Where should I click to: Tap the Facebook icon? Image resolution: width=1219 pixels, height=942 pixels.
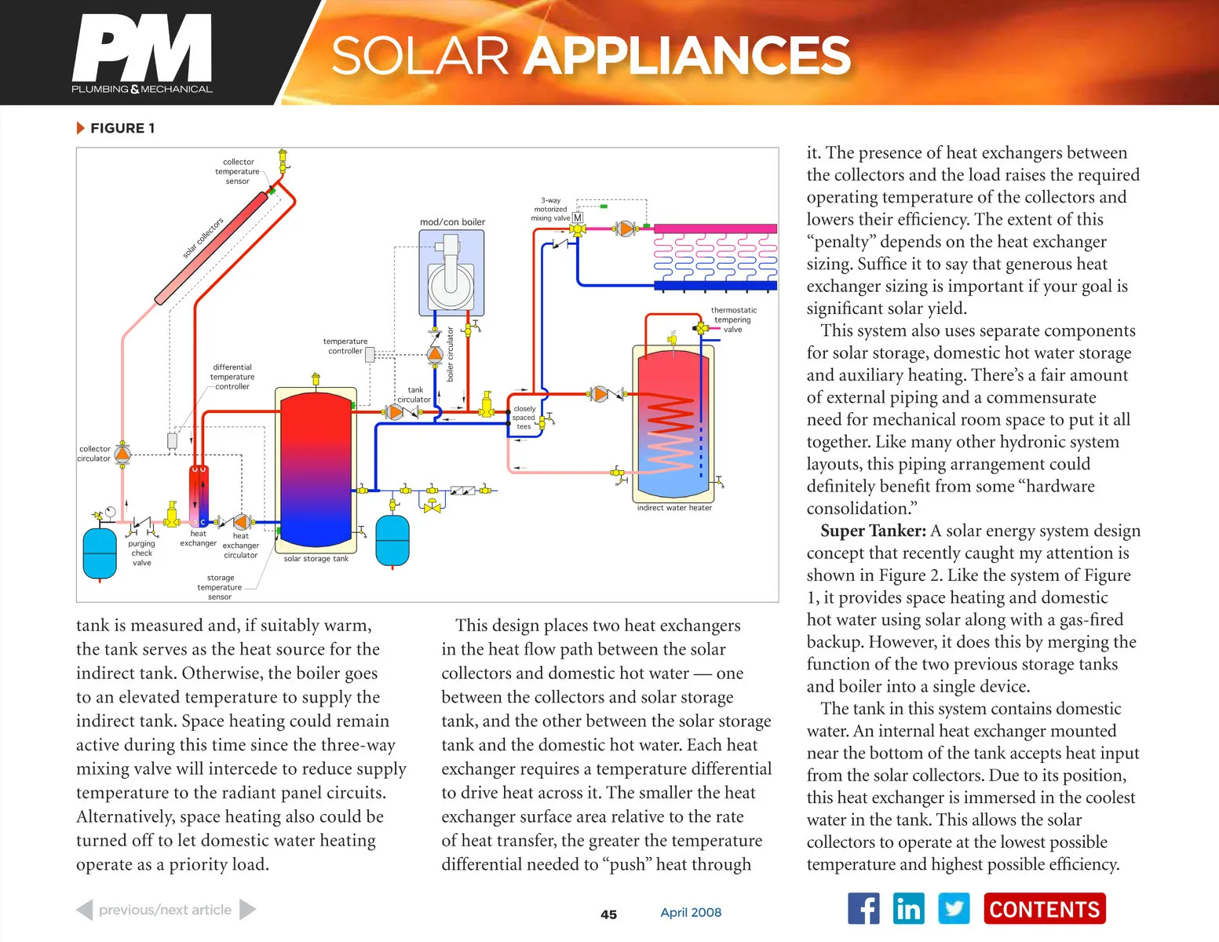tap(863, 909)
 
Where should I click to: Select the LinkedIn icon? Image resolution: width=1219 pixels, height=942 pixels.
tap(908, 909)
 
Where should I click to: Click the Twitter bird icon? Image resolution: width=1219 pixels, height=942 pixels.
tap(954, 909)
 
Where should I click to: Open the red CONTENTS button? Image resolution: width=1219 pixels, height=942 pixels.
tap(1044, 909)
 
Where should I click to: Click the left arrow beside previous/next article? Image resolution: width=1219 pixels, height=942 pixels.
tap(84, 910)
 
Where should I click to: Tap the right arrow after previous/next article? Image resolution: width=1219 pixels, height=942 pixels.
tap(247, 910)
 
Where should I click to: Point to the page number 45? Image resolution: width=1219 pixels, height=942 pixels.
tap(608, 915)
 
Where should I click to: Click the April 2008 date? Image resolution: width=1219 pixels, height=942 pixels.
tap(691, 912)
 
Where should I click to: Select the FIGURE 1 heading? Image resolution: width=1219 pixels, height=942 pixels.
tap(122, 128)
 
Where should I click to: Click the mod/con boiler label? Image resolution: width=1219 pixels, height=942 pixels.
tap(452, 222)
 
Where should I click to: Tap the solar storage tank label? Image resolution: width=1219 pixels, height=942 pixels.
tap(316, 559)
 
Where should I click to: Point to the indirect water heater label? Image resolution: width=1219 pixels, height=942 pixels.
tap(674, 508)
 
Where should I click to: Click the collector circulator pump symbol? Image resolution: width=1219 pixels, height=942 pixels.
tap(122, 454)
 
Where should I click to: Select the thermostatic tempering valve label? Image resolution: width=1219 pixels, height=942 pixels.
tap(733, 319)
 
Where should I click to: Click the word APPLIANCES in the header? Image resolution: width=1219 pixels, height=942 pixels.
tap(687, 56)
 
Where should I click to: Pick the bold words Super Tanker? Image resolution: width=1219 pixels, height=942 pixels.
tap(873, 531)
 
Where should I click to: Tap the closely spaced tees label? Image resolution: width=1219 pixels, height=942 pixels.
tap(524, 418)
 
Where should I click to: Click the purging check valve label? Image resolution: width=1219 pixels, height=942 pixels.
tap(141, 553)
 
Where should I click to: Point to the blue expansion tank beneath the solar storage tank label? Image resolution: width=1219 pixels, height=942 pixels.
tap(392, 539)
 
